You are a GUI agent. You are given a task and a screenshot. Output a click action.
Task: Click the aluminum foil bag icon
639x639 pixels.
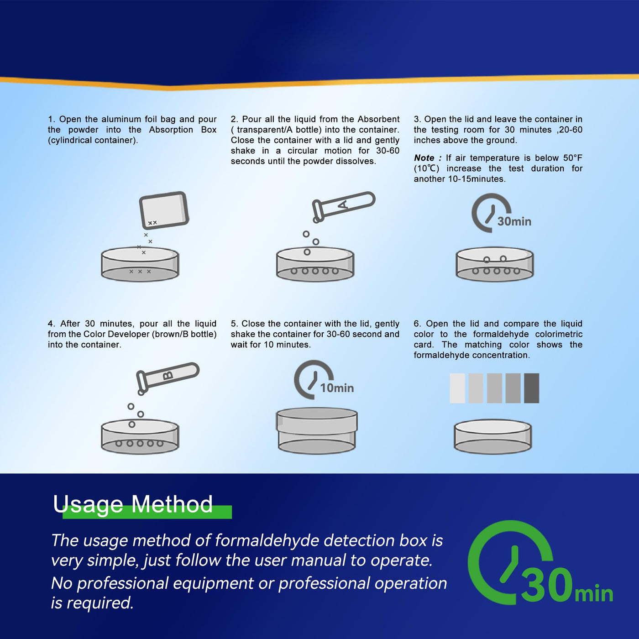click(x=164, y=210)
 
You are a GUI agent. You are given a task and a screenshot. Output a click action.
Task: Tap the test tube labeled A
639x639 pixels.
click(x=344, y=207)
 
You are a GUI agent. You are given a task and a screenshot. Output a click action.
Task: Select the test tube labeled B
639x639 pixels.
click(x=168, y=378)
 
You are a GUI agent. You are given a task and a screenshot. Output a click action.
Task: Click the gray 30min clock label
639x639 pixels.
click(x=514, y=221)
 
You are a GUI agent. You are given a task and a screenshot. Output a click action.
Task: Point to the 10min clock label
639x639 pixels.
click(x=337, y=388)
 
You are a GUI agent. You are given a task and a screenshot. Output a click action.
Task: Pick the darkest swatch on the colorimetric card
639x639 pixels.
click(x=532, y=388)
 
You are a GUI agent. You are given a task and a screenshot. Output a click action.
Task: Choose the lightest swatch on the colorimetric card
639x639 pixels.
click(x=457, y=388)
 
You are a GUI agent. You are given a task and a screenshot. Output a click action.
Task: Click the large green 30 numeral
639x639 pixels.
click(x=547, y=585)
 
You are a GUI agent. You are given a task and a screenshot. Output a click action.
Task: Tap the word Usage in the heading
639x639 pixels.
click(x=88, y=505)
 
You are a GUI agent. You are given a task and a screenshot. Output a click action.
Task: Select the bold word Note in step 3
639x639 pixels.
click(x=424, y=158)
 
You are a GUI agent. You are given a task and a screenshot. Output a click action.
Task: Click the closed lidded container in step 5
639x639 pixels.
click(x=317, y=431)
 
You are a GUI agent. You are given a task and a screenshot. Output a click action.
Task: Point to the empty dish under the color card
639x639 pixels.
click(x=493, y=437)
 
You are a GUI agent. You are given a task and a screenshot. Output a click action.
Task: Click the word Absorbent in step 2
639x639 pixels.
click(x=378, y=119)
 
